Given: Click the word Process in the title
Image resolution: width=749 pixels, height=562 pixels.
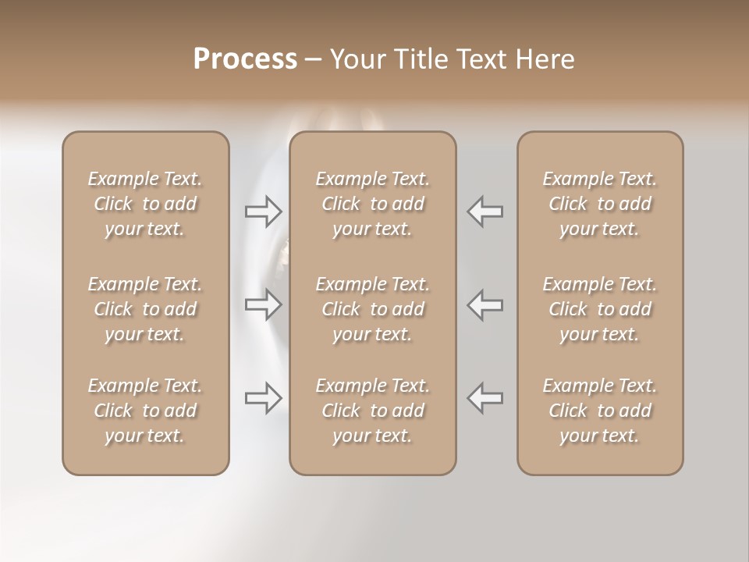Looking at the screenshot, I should (x=245, y=59).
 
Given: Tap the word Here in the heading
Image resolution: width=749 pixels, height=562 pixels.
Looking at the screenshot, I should (x=545, y=59).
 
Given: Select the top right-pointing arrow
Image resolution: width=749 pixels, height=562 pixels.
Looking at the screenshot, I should (x=263, y=212).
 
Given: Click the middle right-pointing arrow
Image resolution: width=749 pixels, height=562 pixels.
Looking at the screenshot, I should (x=263, y=304).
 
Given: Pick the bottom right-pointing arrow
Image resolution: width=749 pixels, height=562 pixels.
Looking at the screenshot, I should (x=263, y=398).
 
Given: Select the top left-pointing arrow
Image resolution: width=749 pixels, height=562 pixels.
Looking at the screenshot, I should (x=485, y=212).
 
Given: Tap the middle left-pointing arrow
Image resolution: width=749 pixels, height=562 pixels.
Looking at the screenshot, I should (x=485, y=304).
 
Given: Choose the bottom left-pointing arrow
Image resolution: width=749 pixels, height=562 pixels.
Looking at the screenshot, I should (x=485, y=398).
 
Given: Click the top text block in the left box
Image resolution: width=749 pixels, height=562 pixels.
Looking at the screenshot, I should (x=145, y=204).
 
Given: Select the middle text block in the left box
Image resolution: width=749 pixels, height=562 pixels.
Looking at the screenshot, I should (x=145, y=309).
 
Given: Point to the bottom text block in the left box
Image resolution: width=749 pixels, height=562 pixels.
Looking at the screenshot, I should (x=145, y=411).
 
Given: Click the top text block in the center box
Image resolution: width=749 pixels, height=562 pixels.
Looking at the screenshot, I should (x=373, y=204).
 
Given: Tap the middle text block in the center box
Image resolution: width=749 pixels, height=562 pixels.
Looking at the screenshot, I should (x=373, y=309).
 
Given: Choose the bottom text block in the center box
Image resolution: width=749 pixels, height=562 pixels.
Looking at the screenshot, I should (x=373, y=411).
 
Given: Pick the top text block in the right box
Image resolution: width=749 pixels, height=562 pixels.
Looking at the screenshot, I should (x=600, y=204).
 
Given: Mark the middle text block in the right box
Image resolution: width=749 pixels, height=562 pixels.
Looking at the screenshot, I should (x=600, y=309).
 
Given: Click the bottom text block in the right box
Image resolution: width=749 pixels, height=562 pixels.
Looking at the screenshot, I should (x=600, y=411).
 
